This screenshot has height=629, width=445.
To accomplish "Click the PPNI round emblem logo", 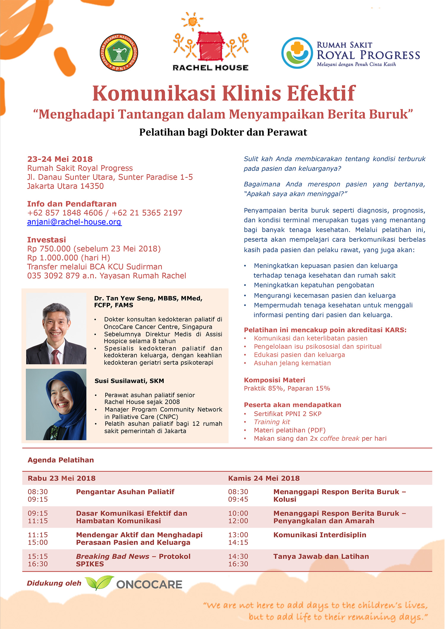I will [x=119, y=53].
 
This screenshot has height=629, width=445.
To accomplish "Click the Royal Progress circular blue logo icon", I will [x=297, y=53].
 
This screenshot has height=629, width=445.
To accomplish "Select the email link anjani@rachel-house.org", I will [x=74, y=222].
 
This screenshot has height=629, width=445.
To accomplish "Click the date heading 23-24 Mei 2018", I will [x=60, y=159].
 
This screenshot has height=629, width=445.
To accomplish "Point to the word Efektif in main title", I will [x=321, y=93].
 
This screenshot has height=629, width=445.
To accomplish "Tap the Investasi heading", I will [x=47, y=240].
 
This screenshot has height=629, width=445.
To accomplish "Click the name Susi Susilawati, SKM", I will [x=129, y=381].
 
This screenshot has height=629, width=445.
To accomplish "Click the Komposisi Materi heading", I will [x=274, y=380].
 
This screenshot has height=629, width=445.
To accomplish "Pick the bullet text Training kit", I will [x=272, y=422].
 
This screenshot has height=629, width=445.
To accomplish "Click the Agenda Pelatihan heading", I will [x=61, y=460].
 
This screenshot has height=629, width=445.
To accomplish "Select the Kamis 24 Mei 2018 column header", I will [x=264, y=478].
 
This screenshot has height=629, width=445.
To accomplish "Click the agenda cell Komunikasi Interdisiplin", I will [x=320, y=535].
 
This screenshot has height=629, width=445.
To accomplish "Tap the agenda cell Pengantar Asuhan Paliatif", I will [x=125, y=492].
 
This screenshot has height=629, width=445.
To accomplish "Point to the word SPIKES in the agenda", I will [x=90, y=564].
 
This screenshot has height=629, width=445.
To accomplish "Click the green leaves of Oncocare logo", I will [x=99, y=583].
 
